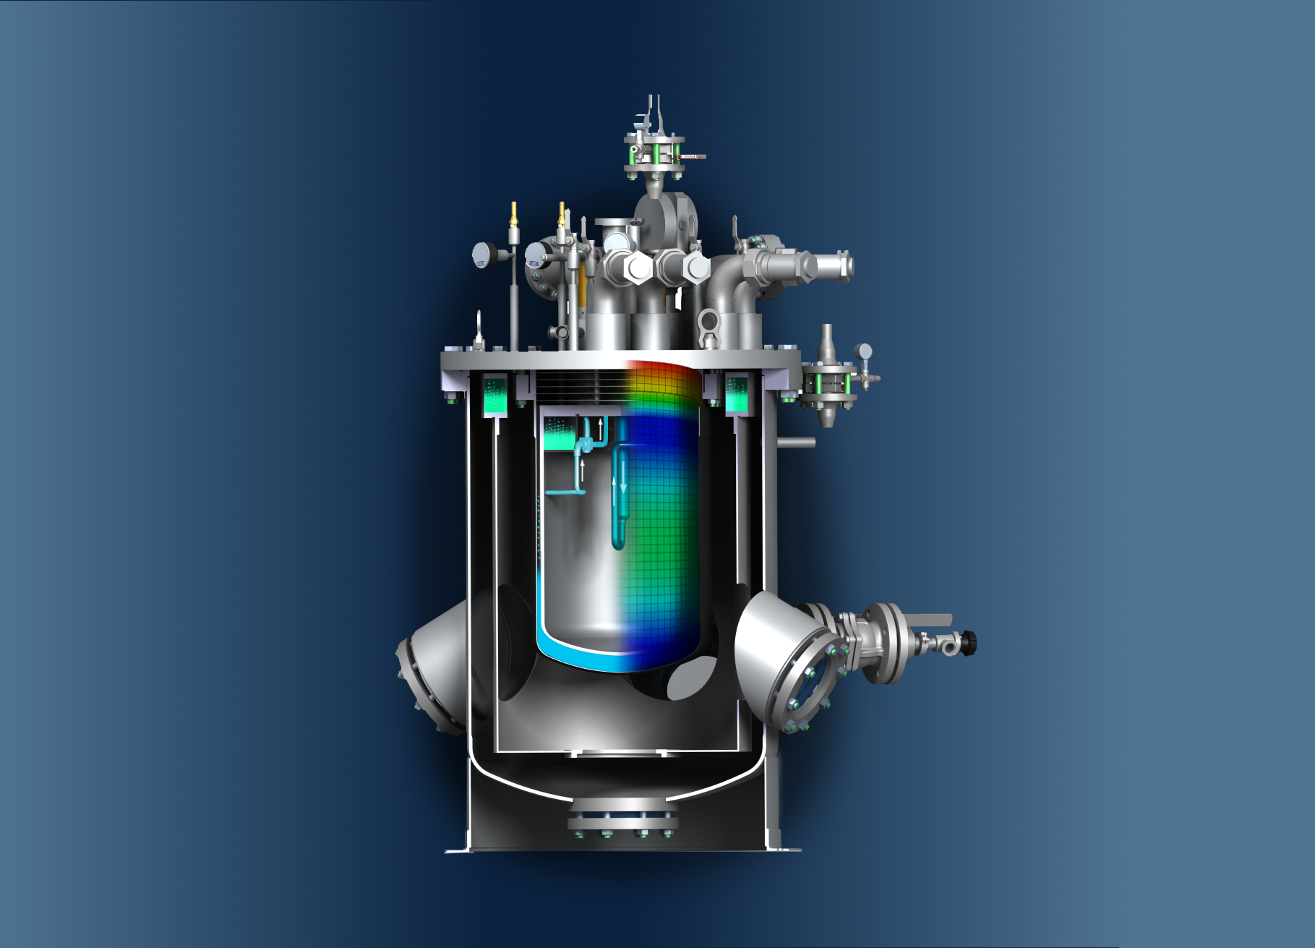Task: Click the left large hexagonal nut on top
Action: click(637, 268)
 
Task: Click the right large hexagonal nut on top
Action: click(696, 268)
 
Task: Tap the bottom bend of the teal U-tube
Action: click(618, 543)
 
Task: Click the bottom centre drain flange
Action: click(622, 821)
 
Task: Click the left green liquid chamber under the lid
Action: click(496, 397)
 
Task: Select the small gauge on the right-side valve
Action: click(863, 352)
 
